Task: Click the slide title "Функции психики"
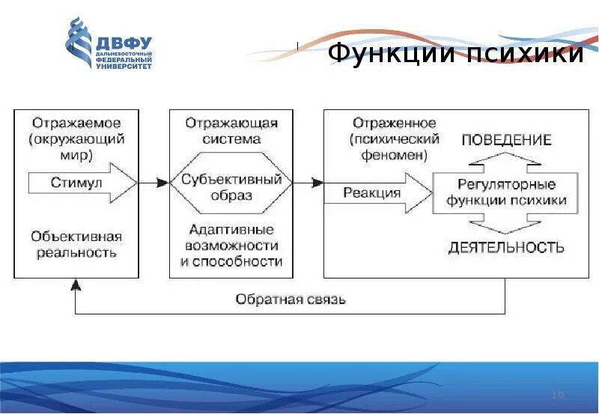(x=455, y=54)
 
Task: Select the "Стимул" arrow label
(x=76, y=183)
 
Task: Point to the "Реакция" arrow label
(x=372, y=192)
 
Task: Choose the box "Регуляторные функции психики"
(x=506, y=192)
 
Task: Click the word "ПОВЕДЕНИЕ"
(x=506, y=140)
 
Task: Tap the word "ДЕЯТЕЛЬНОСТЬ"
(x=506, y=248)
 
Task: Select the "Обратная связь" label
(x=291, y=299)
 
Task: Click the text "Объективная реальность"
(x=76, y=244)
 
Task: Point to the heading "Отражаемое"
(x=76, y=122)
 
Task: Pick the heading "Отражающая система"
(x=231, y=130)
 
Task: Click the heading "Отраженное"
(x=394, y=122)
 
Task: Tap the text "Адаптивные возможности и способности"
(x=231, y=245)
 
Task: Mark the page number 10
(x=556, y=395)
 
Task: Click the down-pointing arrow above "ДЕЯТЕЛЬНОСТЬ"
(x=506, y=225)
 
